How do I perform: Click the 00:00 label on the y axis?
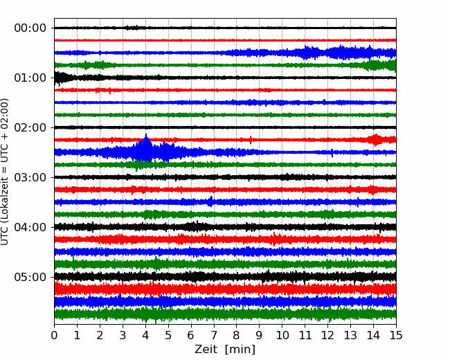click(30, 28)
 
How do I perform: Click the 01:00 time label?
click(30, 78)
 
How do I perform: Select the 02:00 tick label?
click(30, 127)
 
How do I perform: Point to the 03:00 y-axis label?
click(30, 177)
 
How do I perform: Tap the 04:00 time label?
click(30, 227)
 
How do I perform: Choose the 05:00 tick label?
click(30, 277)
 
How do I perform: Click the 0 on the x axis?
click(54, 335)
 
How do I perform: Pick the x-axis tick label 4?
click(145, 335)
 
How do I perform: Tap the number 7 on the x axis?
click(214, 335)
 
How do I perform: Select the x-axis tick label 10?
click(282, 335)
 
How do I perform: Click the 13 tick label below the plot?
click(350, 335)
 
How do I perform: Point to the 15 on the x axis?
click(396, 335)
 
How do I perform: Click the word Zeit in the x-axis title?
click(206, 349)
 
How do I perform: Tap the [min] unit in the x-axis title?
click(240, 350)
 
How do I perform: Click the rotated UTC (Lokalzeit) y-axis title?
click(5, 172)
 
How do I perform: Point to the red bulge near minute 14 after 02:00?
click(375, 140)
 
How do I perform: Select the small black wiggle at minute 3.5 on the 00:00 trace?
click(135, 28)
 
